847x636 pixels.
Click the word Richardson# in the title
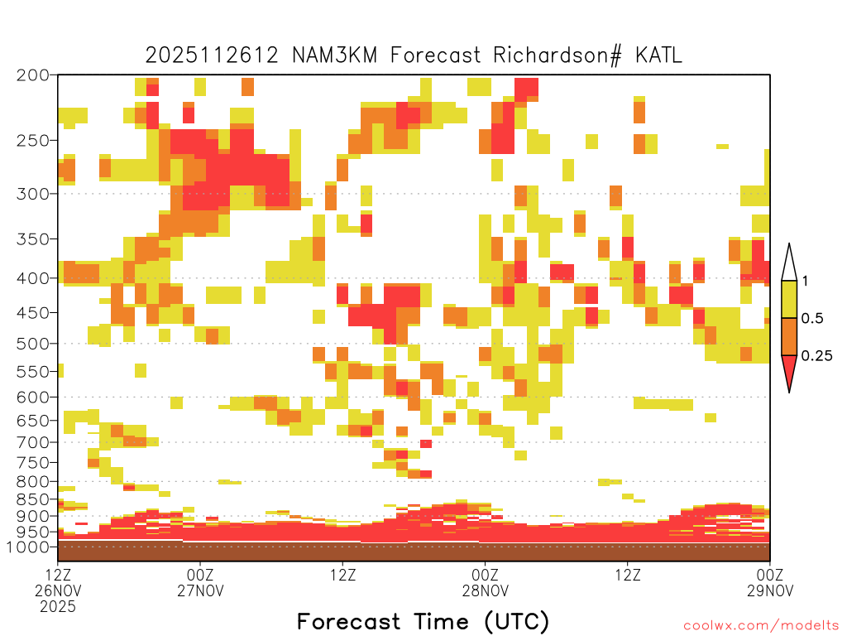click(557, 55)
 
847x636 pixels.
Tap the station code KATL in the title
click(658, 55)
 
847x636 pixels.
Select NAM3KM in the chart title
click(334, 55)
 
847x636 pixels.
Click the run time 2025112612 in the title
click(212, 55)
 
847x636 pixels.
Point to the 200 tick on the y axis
click(32, 75)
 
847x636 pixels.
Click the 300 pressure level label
click(32, 194)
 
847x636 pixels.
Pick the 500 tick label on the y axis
click(32, 344)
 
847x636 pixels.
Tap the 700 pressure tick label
click(32, 442)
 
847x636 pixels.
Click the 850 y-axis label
click(32, 499)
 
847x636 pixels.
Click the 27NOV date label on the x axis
click(200, 590)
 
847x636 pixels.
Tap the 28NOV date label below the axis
click(485, 590)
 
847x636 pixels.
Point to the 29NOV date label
click(770, 590)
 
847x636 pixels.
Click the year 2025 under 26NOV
click(58, 607)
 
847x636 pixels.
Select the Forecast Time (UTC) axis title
click(423, 622)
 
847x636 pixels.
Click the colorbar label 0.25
click(816, 356)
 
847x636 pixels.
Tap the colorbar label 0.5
click(812, 319)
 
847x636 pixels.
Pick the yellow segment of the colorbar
click(789, 299)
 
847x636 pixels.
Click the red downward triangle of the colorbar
click(789, 369)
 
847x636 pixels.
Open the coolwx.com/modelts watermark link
click(762, 626)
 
